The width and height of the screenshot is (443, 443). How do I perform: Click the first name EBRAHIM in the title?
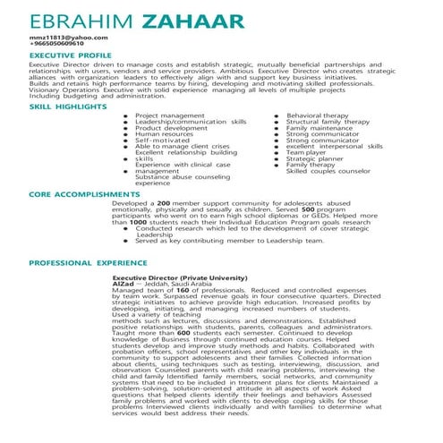[x=81, y=21]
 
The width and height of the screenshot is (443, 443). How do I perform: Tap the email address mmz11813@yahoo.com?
[x=62, y=37]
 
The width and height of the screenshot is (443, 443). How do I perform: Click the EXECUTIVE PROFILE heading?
[x=70, y=55]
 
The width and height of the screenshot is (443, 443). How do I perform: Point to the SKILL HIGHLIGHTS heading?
[x=68, y=106]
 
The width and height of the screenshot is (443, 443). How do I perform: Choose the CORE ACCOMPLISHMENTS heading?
[x=79, y=193]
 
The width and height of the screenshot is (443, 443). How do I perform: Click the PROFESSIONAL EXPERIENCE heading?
[x=88, y=263]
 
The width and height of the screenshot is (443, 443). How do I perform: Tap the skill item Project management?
[x=169, y=115]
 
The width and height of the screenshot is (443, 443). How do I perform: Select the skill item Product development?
[x=170, y=128]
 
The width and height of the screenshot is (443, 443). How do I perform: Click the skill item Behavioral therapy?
[x=317, y=115]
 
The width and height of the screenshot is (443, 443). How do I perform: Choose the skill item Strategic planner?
[x=314, y=159]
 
